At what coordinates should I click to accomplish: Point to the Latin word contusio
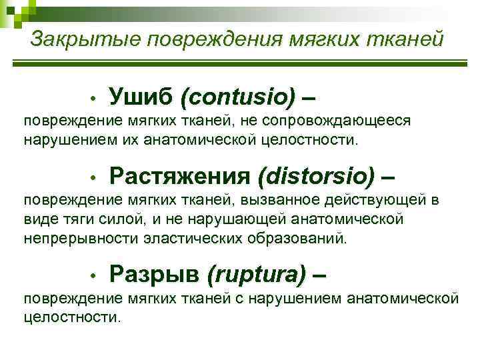pos(237,98)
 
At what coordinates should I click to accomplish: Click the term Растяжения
pos(179,177)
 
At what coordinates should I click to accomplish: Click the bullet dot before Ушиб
pos(95,99)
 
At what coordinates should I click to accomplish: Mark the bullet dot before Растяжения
pos(95,179)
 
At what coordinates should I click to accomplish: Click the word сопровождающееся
pos(337,122)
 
